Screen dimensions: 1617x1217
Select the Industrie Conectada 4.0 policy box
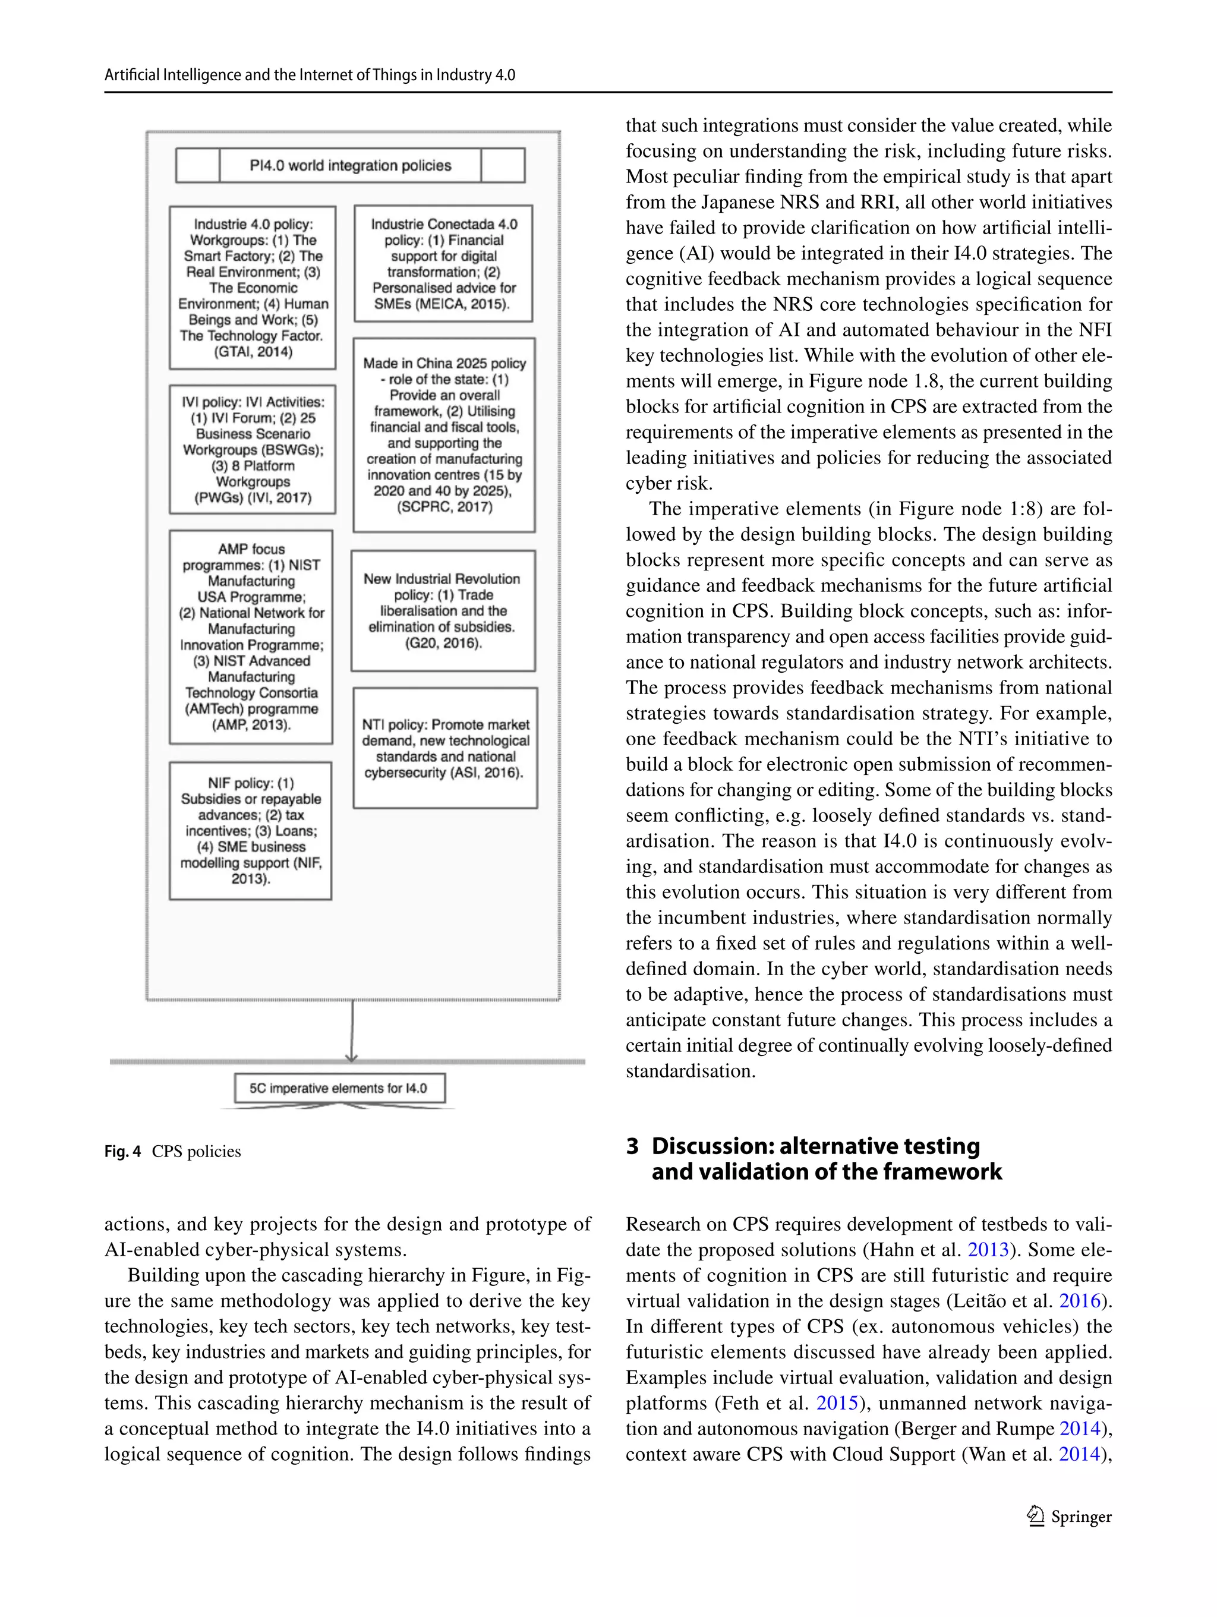click(x=443, y=263)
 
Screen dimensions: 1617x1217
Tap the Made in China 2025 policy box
click(x=444, y=434)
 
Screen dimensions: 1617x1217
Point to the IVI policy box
click(x=252, y=449)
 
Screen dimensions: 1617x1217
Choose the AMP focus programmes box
click(x=251, y=636)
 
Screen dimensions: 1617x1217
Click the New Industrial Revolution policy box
click(x=442, y=610)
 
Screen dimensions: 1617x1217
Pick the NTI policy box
click(x=445, y=748)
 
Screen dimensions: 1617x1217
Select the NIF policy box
click(x=250, y=830)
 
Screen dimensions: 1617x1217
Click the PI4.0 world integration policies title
click(x=350, y=165)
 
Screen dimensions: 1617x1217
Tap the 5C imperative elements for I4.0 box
click(x=339, y=1088)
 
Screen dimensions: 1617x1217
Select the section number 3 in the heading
click(x=632, y=1146)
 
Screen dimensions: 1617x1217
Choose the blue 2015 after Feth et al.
click(x=836, y=1403)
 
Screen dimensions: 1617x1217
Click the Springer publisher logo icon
click(x=1035, y=1516)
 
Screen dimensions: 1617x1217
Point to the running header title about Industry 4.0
click(x=310, y=74)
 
